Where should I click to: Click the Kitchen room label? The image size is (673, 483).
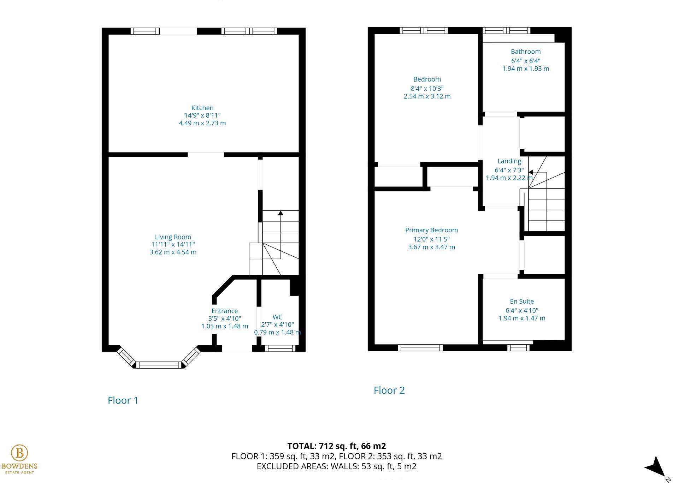point(202,108)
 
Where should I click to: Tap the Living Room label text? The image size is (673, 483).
point(173,237)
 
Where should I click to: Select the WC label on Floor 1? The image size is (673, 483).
point(277,317)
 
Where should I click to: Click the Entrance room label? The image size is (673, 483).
point(224,311)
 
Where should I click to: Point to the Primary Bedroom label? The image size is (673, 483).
point(431,230)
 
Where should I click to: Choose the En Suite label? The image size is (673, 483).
point(521,302)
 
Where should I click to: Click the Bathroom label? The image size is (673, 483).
point(525,52)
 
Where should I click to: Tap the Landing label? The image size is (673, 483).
point(509,161)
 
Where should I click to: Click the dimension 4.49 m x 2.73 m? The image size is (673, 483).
point(202,123)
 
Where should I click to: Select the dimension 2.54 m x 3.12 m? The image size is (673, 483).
point(427,96)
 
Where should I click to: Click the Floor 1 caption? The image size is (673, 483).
point(123,400)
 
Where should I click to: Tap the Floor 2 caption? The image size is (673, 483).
point(389,390)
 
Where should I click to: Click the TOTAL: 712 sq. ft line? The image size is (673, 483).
point(336,446)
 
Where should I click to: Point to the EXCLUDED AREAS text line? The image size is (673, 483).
point(336,466)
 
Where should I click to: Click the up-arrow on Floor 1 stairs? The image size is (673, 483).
point(281,213)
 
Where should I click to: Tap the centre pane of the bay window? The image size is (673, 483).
point(159,365)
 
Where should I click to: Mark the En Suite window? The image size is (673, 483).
point(518,348)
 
